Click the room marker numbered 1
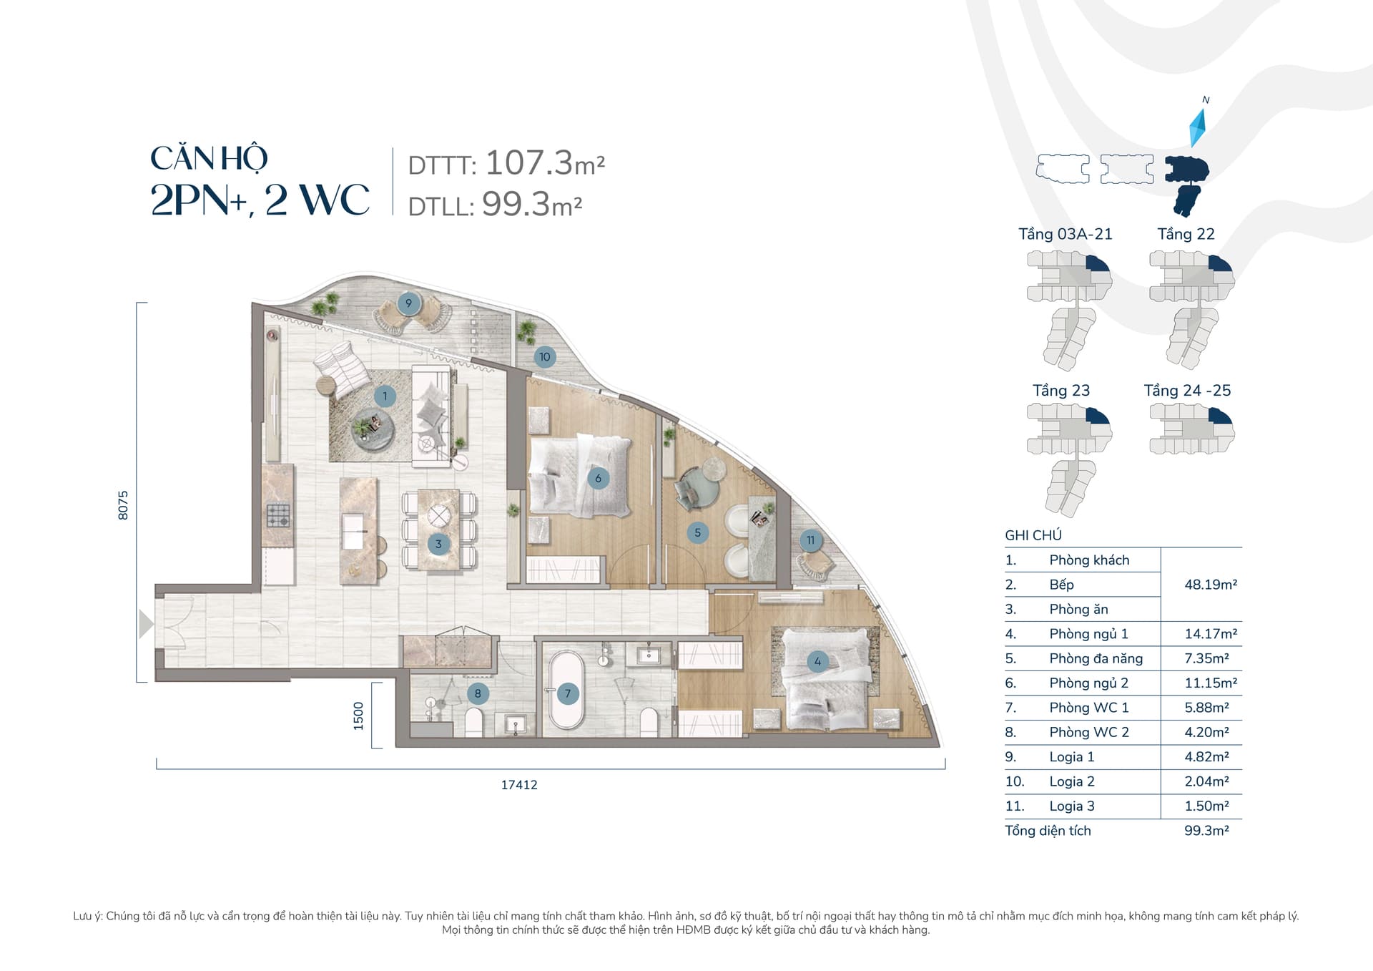385,396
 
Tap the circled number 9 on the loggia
408,303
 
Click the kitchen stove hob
278,515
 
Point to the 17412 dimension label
519,785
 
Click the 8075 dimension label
123,504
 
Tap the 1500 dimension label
358,716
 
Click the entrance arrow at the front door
146,624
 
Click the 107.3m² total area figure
545,163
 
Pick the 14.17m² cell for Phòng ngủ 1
1211,634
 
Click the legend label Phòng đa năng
1096,658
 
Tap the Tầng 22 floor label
1186,234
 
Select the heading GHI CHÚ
1033,535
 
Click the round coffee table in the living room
372,428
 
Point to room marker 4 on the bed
817,661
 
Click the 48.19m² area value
1211,585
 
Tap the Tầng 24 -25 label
1187,391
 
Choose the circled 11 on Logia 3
810,540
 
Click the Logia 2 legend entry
1072,781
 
